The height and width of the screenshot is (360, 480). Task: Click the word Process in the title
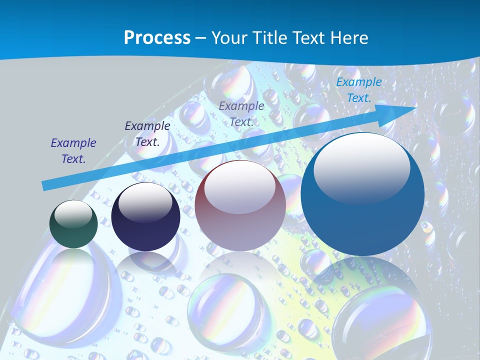(157, 38)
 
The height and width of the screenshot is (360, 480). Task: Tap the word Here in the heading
(349, 38)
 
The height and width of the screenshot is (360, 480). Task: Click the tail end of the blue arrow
(45, 186)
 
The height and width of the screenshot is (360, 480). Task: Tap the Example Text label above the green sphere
(73, 151)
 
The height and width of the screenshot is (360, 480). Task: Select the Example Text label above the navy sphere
(147, 134)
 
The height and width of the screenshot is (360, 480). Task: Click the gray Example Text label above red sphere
(241, 114)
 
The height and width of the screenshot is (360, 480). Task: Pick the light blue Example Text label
(358, 90)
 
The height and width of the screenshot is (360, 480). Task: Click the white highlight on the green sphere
(73, 214)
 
